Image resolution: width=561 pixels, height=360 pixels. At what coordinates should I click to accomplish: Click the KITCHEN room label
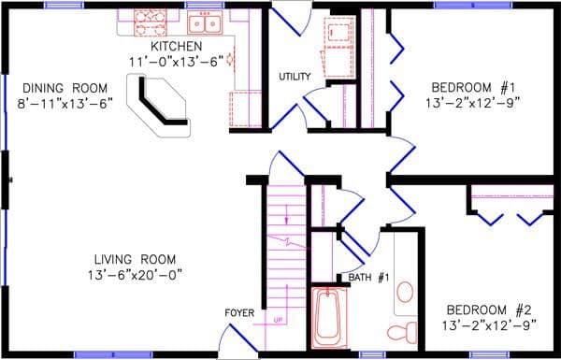(x=175, y=47)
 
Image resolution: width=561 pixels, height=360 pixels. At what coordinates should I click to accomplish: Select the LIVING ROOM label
(x=135, y=259)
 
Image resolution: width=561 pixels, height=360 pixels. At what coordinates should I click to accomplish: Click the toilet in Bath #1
(x=402, y=330)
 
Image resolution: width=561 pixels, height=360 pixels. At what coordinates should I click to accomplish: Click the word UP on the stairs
(x=278, y=321)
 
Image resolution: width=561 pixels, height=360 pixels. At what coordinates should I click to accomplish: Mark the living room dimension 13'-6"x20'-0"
(x=135, y=274)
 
